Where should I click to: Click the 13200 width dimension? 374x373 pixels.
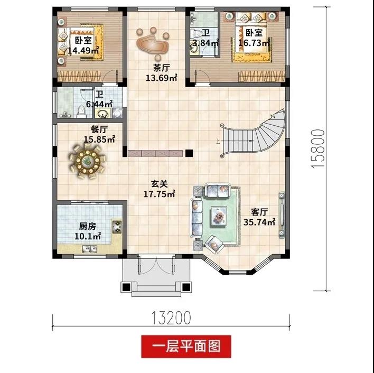pyautogui.click(x=171, y=318)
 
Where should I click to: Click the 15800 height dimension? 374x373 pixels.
pyautogui.click(x=318, y=149)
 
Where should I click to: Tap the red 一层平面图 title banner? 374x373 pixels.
pyautogui.click(x=186, y=347)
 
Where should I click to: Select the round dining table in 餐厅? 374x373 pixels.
pyautogui.click(x=87, y=162)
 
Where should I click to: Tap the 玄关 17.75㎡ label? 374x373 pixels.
pyautogui.click(x=159, y=189)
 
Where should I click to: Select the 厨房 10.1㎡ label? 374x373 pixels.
pyautogui.click(x=88, y=231)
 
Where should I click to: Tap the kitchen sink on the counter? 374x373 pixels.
pyautogui.click(x=90, y=249)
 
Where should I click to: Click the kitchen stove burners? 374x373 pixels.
pyautogui.click(x=117, y=227)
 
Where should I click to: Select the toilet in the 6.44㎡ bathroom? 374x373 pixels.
pyautogui.click(x=81, y=111)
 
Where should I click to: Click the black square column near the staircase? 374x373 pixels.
pyautogui.click(x=189, y=153)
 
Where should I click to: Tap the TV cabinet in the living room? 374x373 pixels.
pyautogui.click(x=282, y=215)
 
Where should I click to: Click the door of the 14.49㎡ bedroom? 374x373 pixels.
pyautogui.click(x=110, y=76)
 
